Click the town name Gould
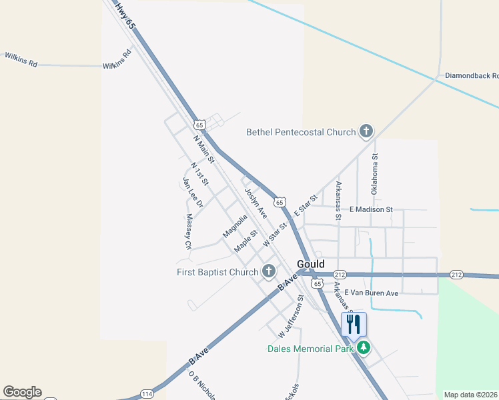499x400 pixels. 310,263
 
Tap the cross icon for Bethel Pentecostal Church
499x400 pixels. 366,131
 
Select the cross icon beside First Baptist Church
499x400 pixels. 268,271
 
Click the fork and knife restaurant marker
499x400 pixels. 354,325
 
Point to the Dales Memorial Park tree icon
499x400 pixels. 364,347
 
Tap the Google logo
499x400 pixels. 22,392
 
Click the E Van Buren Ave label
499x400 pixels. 371,293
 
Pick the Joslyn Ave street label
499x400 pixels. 256,203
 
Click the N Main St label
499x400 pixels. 203,150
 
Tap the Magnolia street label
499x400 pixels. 235,225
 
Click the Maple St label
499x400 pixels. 245,241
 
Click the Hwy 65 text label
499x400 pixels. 125,15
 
